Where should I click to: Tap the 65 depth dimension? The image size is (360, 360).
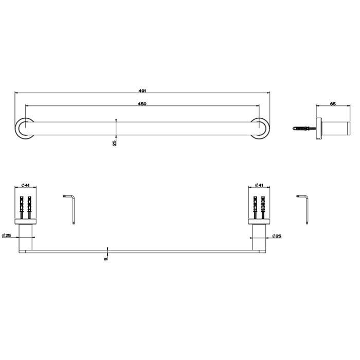click(x=333, y=104)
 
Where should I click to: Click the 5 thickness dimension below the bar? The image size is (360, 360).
click(x=105, y=258)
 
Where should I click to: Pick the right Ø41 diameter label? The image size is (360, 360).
click(x=259, y=185)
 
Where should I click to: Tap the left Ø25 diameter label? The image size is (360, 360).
click(x=7, y=236)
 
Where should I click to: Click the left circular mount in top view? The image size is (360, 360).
click(x=22, y=129)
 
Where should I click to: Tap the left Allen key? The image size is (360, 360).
click(x=70, y=208)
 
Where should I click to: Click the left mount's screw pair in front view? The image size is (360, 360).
click(x=25, y=208)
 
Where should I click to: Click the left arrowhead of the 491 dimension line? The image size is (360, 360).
click(x=16, y=93)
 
